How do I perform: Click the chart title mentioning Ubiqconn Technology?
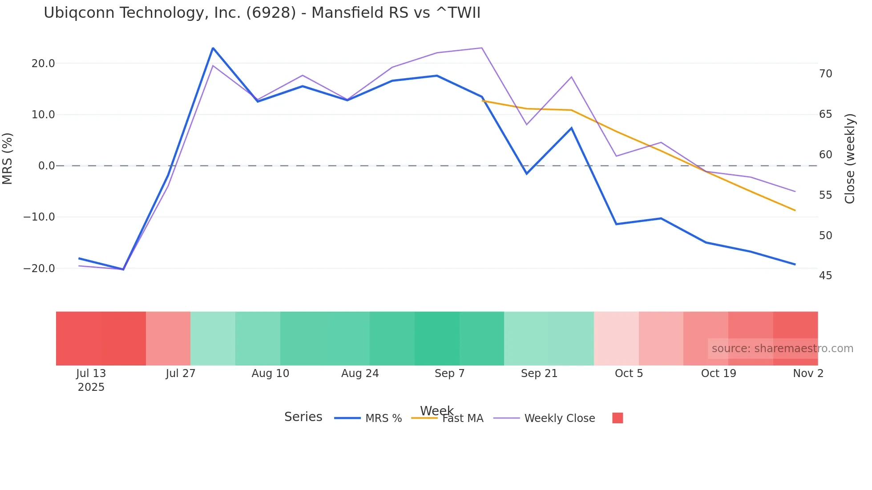[x=262, y=13]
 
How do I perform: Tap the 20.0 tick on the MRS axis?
[x=43, y=64]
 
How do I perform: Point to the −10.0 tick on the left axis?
[x=40, y=217]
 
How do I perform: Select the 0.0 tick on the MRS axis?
[x=47, y=166]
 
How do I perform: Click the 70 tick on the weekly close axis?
[x=825, y=74]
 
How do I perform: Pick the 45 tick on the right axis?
[x=825, y=276]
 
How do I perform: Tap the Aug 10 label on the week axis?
[x=270, y=374]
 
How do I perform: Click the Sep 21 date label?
[x=539, y=374]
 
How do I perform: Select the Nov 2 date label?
[x=808, y=374]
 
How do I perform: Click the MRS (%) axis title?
[x=8, y=159]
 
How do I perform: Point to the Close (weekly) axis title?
[x=850, y=159]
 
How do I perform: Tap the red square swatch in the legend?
[x=618, y=418]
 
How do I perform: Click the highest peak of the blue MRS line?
[x=213, y=48]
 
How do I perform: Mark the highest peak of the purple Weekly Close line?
[x=482, y=48]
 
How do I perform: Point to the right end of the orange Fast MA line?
[x=795, y=210]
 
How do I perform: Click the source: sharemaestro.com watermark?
[x=782, y=349]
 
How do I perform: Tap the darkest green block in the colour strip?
[x=437, y=338]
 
